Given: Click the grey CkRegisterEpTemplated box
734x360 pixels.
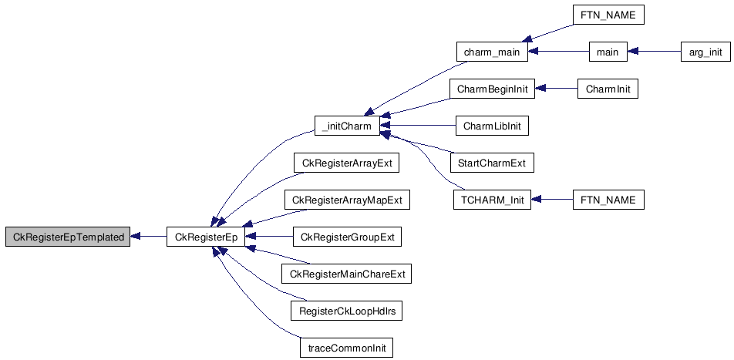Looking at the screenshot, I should [x=68, y=237].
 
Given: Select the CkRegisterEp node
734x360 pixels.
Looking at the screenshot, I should [x=206, y=237].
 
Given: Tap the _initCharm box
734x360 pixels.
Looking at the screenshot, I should [x=347, y=126].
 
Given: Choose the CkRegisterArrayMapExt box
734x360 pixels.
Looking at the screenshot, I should [x=347, y=200].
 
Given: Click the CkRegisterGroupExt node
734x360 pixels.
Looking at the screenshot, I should [x=347, y=237].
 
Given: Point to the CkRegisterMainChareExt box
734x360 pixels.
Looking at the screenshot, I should [x=347, y=274].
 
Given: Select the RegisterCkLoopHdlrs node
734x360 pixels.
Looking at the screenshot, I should [x=347, y=311].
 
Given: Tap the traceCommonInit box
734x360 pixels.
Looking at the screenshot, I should [x=347, y=348].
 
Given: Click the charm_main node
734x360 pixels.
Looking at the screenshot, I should [x=491, y=52].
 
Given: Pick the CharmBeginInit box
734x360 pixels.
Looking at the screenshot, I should [x=491, y=89].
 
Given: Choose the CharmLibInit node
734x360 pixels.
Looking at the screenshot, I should [x=491, y=126].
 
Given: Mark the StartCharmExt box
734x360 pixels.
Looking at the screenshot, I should [x=491, y=163].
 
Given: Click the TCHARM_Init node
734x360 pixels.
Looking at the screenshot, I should [x=491, y=200].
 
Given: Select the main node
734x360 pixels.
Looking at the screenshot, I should [x=608, y=52].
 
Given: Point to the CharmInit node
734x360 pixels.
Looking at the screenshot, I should [x=608, y=89].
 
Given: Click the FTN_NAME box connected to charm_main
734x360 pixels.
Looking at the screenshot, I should [x=608, y=15].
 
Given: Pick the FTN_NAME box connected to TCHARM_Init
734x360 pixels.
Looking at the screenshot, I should [x=608, y=200].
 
